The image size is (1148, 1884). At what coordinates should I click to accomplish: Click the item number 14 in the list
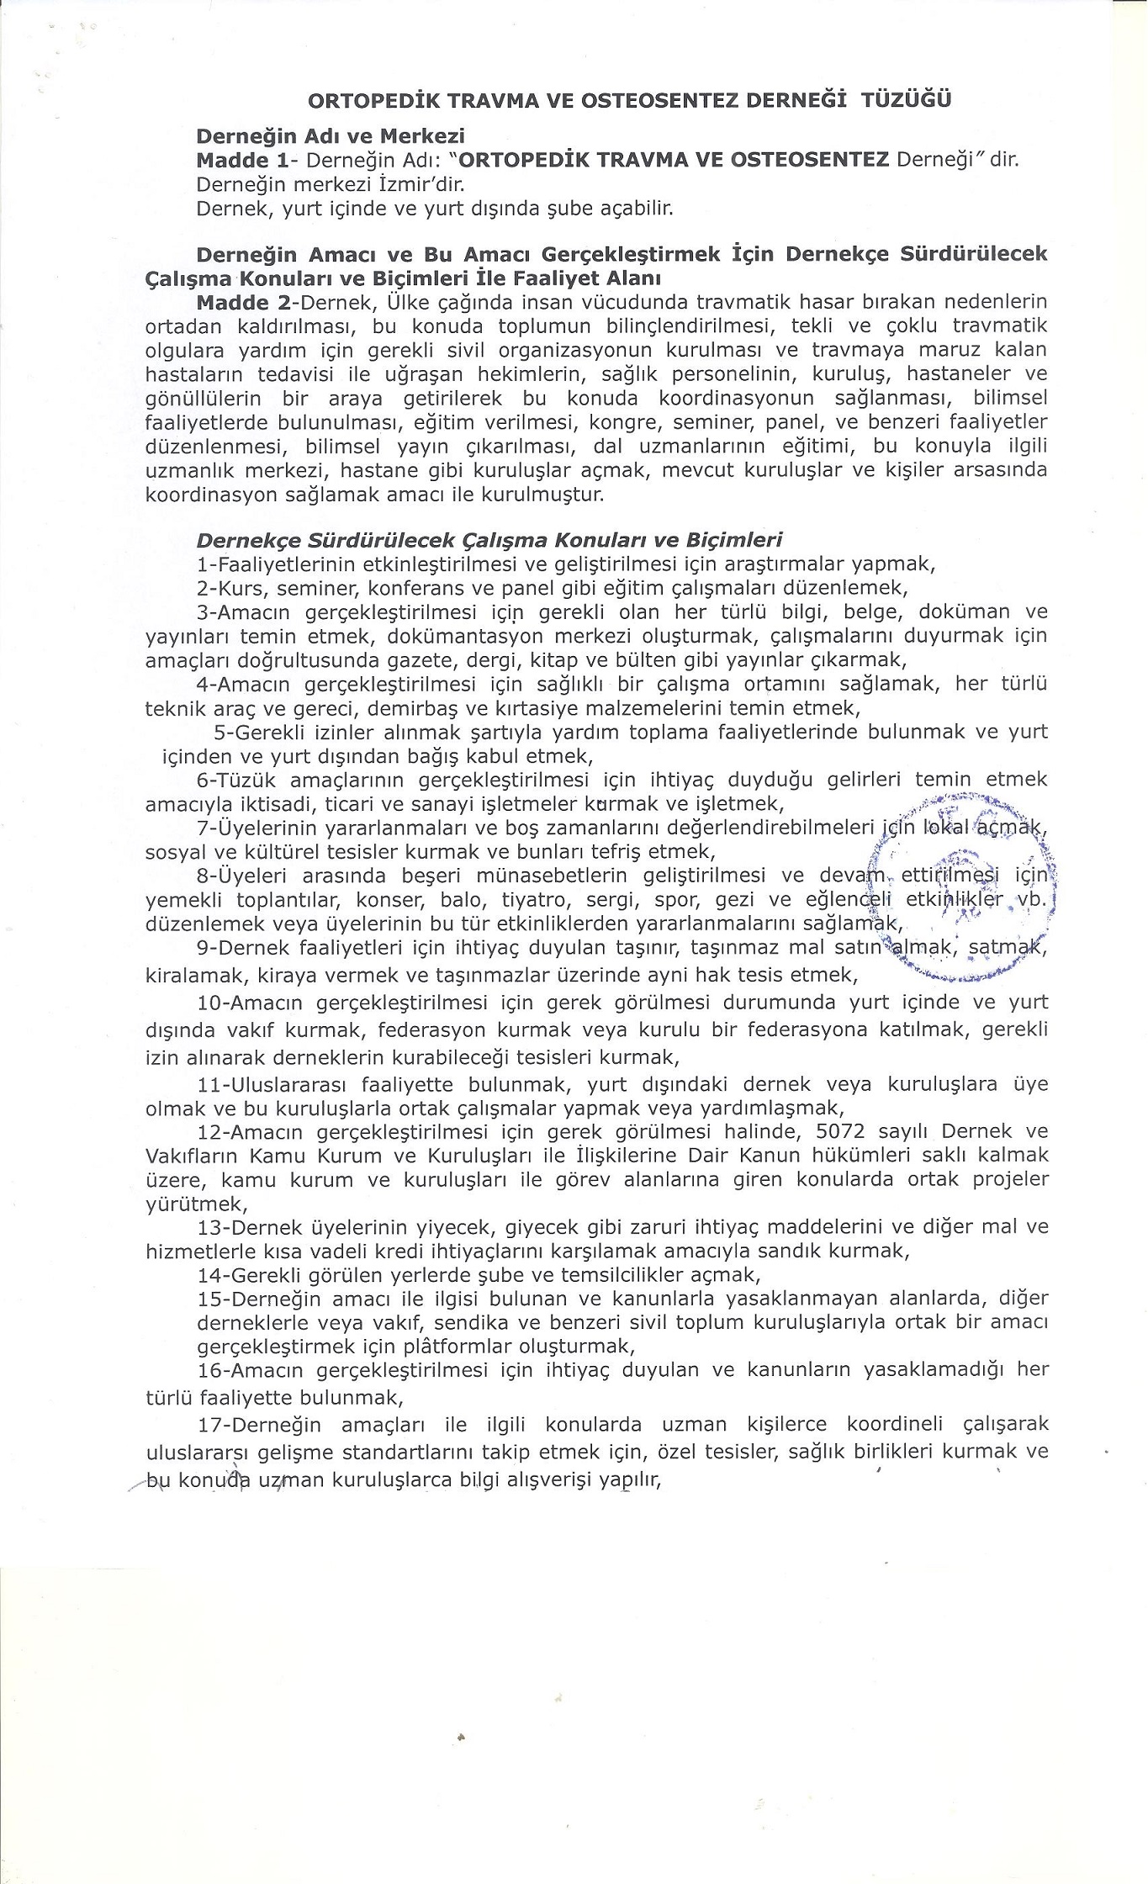[209, 1275]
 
